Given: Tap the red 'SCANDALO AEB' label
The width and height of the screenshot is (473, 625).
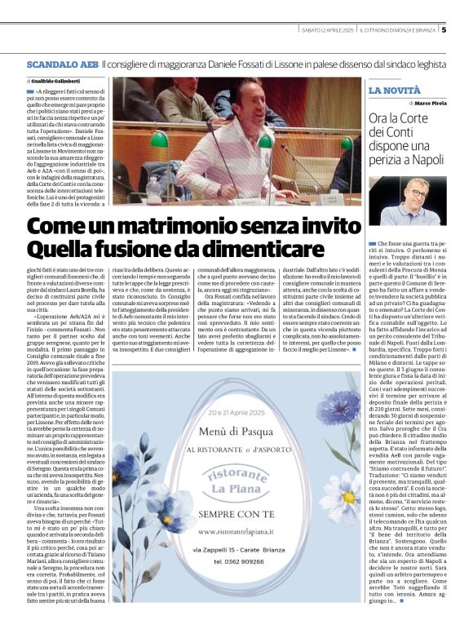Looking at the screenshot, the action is [62, 64].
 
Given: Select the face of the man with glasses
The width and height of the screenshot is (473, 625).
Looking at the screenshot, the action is [418, 198].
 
